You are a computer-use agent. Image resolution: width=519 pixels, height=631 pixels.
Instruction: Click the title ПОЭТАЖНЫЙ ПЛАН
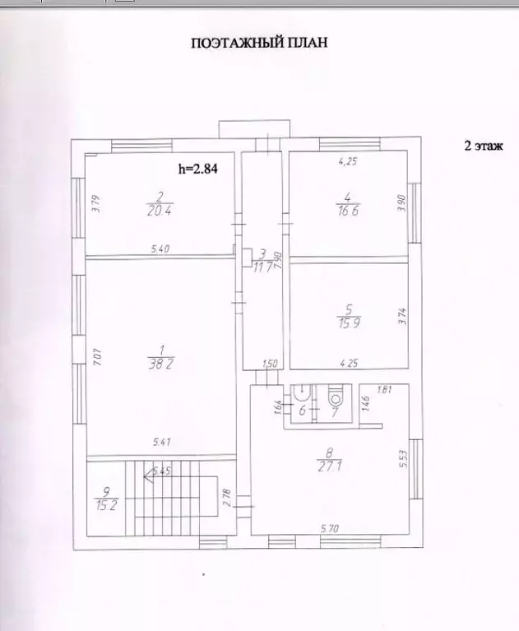coord(259,43)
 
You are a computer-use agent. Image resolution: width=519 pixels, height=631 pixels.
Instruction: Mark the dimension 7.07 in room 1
coord(95,358)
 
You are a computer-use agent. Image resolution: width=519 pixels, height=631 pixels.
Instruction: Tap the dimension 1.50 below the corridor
coord(270,363)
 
